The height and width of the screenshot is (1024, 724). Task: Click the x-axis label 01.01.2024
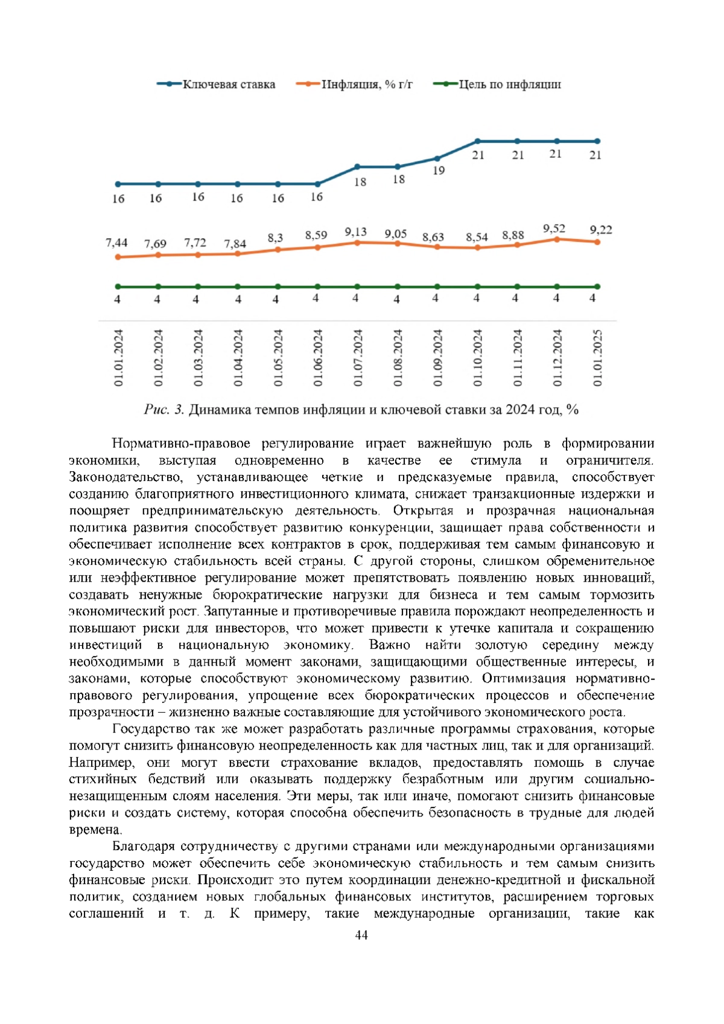(x=118, y=358)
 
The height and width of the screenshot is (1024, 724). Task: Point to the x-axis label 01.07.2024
(x=358, y=358)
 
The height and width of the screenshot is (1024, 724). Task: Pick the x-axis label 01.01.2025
(x=597, y=358)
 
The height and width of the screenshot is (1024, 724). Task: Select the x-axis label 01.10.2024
(x=477, y=358)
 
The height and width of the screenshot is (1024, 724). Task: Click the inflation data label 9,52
(x=554, y=229)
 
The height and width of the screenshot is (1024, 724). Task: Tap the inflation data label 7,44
(x=116, y=243)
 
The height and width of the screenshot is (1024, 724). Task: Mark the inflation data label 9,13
(x=355, y=232)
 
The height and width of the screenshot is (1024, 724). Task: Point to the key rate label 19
(x=439, y=171)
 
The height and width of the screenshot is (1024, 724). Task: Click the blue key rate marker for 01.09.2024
(x=437, y=159)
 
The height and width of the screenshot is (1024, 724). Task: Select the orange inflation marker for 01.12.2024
(x=557, y=239)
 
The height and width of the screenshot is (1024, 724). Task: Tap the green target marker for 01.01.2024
(x=118, y=287)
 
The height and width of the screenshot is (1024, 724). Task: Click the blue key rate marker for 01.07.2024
(x=357, y=167)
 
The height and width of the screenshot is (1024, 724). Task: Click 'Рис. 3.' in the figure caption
(x=164, y=410)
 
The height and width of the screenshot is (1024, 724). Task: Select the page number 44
(x=361, y=935)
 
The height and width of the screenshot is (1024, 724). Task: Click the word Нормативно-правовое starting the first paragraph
(x=181, y=444)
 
